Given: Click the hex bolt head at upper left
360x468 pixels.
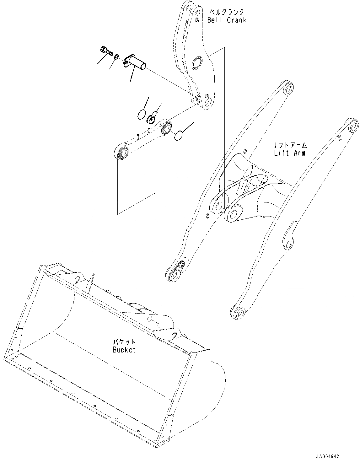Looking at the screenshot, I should pos(104,49).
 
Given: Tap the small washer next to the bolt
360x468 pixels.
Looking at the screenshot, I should pos(116,56).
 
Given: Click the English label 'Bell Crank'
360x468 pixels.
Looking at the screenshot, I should pos(227,20).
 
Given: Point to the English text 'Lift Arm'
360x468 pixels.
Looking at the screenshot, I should pos(289,153).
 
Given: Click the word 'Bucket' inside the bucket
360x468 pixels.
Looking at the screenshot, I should pos(124,349).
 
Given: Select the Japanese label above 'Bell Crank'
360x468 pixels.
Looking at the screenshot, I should pos(227,12).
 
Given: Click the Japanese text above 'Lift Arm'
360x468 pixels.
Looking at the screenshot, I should pos(289,145).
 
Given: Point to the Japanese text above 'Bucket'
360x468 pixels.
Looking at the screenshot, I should pos(124,342).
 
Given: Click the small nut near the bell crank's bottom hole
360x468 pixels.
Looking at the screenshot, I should pos(207,96).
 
